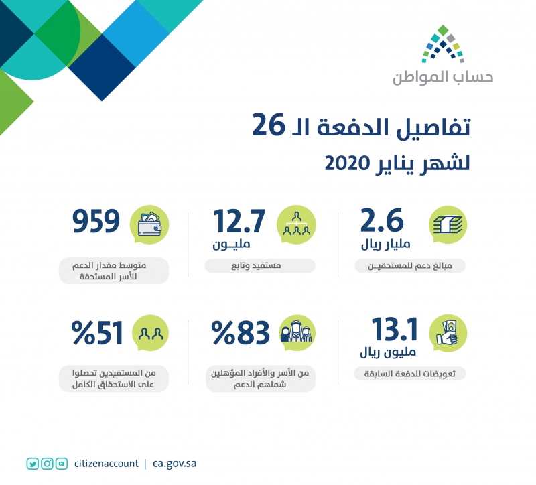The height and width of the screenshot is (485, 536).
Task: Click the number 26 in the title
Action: click(x=269, y=125)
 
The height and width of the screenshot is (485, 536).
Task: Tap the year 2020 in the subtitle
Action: click(x=347, y=163)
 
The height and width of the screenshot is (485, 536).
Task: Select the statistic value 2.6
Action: click(x=382, y=220)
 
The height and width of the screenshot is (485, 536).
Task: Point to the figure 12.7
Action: click(x=239, y=221)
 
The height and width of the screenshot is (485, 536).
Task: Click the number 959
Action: click(x=96, y=221)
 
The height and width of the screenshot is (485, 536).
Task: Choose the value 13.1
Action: click(x=395, y=329)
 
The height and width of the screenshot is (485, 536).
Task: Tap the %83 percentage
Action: click(x=241, y=332)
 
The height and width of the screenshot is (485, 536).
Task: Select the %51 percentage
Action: click(x=97, y=332)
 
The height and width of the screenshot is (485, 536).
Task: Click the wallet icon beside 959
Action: click(x=149, y=224)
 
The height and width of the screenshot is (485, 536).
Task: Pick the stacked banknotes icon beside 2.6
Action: click(x=448, y=224)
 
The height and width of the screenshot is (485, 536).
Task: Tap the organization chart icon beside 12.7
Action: click(x=296, y=224)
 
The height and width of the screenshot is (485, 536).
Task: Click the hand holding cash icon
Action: click(x=448, y=332)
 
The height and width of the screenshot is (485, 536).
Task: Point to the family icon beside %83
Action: click(x=296, y=332)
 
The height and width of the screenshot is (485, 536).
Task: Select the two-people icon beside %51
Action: click(x=151, y=333)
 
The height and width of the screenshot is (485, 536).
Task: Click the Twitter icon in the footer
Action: click(x=33, y=464)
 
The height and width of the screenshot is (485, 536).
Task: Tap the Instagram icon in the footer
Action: click(x=47, y=464)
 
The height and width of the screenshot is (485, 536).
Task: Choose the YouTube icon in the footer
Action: click(x=62, y=464)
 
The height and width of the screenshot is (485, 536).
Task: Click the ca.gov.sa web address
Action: click(x=174, y=464)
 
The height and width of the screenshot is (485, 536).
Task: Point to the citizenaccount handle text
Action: click(x=107, y=464)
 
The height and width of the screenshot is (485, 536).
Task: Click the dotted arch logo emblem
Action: click(x=443, y=44)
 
